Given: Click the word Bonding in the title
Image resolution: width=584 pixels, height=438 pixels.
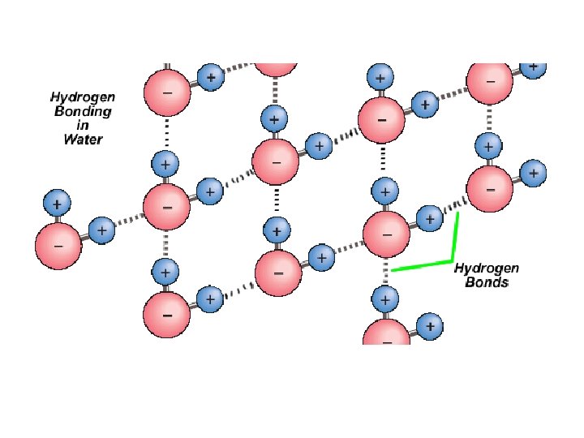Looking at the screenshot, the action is (x=83, y=111).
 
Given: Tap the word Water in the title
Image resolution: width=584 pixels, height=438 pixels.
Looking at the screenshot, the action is (x=83, y=139).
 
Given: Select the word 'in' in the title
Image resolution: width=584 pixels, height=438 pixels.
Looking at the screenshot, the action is (x=83, y=125).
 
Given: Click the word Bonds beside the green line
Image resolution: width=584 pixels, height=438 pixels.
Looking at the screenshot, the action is (x=487, y=282).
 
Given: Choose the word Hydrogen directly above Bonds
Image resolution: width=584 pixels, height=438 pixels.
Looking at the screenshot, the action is (x=487, y=268).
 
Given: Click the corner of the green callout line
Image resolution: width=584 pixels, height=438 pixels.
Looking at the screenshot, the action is (x=451, y=261).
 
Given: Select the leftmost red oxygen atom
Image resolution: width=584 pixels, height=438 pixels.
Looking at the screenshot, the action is (x=59, y=244).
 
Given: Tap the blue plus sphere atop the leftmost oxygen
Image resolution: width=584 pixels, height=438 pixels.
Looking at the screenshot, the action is (x=58, y=201).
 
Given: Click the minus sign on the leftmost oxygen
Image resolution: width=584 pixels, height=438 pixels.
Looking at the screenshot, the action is (x=58, y=245).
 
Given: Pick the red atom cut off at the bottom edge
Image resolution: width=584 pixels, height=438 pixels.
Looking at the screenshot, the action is (x=386, y=333).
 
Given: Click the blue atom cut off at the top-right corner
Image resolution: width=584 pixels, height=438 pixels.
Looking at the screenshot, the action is (x=534, y=67).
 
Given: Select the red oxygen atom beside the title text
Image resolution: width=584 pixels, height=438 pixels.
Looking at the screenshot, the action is (x=166, y=92).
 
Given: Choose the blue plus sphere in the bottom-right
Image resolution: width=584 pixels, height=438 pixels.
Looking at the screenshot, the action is (x=430, y=327).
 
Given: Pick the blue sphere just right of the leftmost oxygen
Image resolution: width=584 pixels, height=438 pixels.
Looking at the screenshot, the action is (x=102, y=231).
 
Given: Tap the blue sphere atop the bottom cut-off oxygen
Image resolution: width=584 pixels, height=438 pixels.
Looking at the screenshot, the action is (x=384, y=300).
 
